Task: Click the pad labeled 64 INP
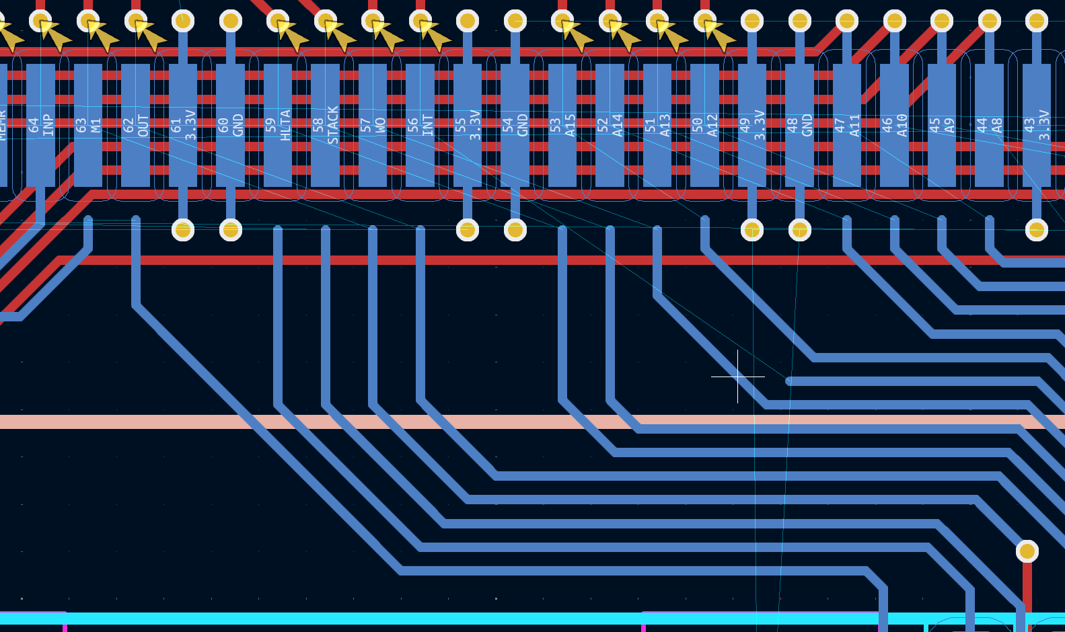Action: point(41,125)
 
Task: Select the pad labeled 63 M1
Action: point(88,125)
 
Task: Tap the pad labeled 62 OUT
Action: point(136,125)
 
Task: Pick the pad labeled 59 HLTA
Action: point(278,125)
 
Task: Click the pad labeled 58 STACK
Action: point(326,125)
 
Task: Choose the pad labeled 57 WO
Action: point(373,125)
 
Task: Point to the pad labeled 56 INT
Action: point(420,125)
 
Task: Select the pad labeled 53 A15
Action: point(562,125)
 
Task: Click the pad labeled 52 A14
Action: point(610,125)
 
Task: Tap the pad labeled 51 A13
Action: point(657,125)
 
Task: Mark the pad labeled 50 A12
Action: point(704,125)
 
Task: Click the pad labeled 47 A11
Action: point(847,125)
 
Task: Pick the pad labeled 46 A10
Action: point(894,125)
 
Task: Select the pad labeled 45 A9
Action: point(942,125)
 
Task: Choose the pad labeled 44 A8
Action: point(989,125)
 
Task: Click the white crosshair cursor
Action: point(738,377)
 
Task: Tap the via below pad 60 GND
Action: point(231,230)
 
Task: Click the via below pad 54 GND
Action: point(515,230)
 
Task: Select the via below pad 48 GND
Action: point(799,230)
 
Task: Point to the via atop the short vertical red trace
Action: point(1027,551)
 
